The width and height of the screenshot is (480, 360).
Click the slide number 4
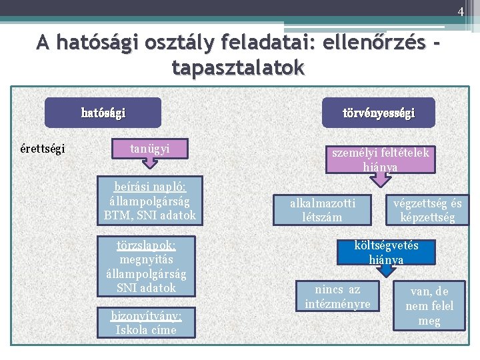click(x=460, y=11)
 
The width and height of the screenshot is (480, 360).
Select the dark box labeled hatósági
click(x=103, y=113)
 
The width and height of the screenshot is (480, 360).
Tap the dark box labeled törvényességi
click(x=379, y=113)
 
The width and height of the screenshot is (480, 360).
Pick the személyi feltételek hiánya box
click(x=381, y=159)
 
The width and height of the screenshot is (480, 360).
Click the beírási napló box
click(x=150, y=200)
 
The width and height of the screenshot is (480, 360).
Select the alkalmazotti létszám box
click(x=323, y=209)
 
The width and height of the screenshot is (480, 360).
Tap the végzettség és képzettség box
click(x=427, y=209)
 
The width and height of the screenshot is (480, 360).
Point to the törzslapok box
click(x=147, y=265)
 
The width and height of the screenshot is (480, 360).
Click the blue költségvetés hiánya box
click(x=387, y=252)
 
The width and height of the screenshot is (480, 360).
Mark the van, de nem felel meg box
click(x=429, y=306)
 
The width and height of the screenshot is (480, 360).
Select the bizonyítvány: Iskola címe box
click(x=146, y=322)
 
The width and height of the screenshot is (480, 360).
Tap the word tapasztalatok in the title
click(x=238, y=67)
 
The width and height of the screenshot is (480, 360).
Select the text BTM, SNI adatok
click(x=150, y=215)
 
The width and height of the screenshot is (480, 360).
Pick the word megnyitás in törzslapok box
click(x=146, y=259)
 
